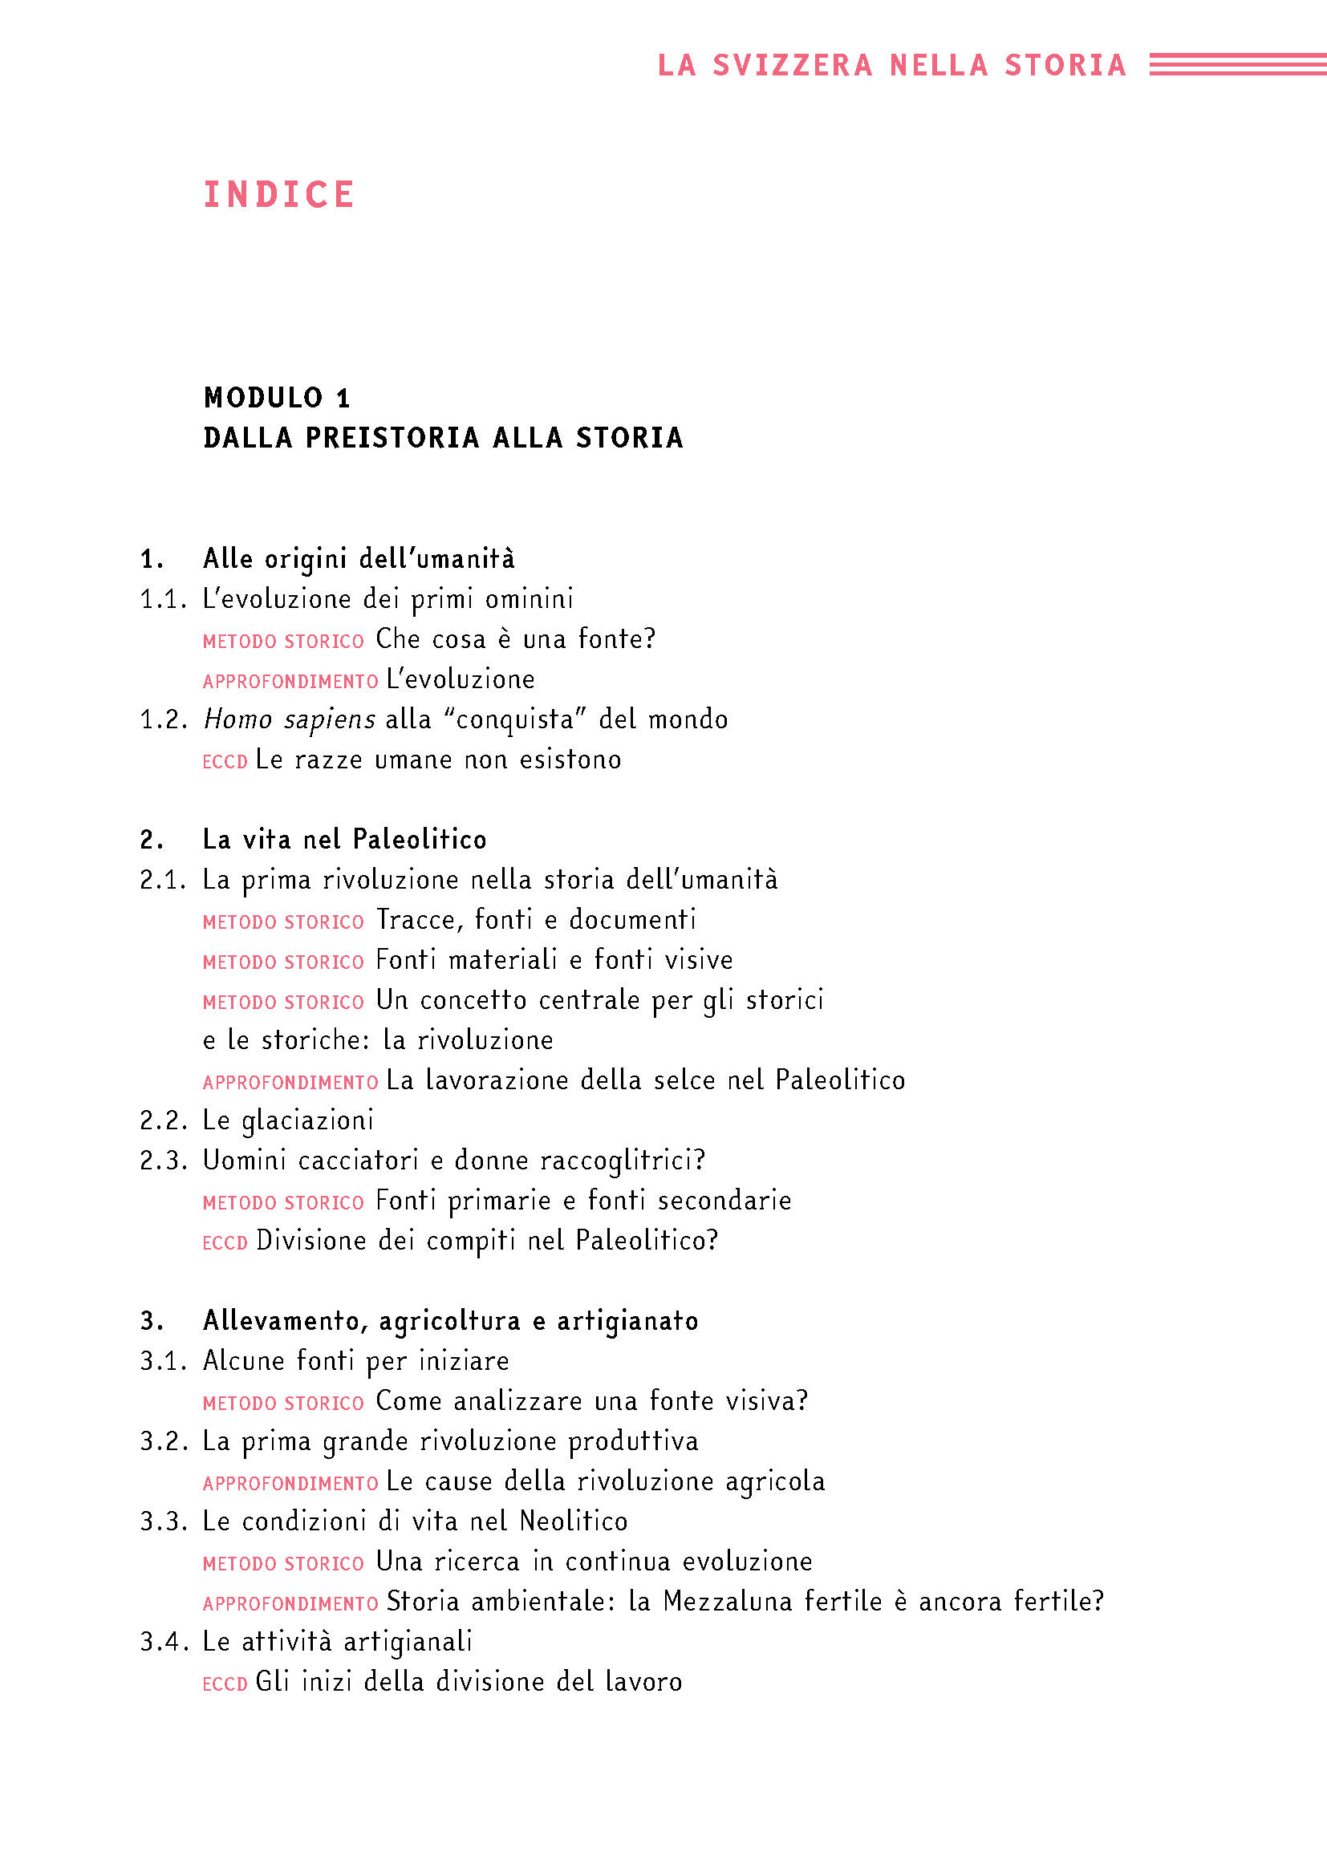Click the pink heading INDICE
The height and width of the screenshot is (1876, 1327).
(278, 195)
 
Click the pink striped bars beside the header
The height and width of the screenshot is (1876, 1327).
(1237, 64)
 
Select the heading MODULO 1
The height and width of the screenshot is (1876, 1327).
(277, 398)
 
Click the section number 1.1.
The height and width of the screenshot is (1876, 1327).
(164, 600)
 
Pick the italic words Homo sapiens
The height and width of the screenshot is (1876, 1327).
(290, 719)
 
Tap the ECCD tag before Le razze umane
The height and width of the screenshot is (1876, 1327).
(225, 761)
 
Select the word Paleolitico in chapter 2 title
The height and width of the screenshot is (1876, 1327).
(419, 840)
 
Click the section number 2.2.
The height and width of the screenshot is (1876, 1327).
(164, 1120)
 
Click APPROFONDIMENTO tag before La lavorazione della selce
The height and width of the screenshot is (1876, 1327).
(290, 1083)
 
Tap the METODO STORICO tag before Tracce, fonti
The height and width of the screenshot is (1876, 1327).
(282, 922)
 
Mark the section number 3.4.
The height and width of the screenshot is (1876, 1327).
(164, 1642)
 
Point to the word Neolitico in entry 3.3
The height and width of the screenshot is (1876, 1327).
(574, 1521)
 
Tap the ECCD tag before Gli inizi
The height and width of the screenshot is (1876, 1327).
(225, 1684)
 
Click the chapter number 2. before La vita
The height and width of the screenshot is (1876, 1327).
(152, 840)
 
